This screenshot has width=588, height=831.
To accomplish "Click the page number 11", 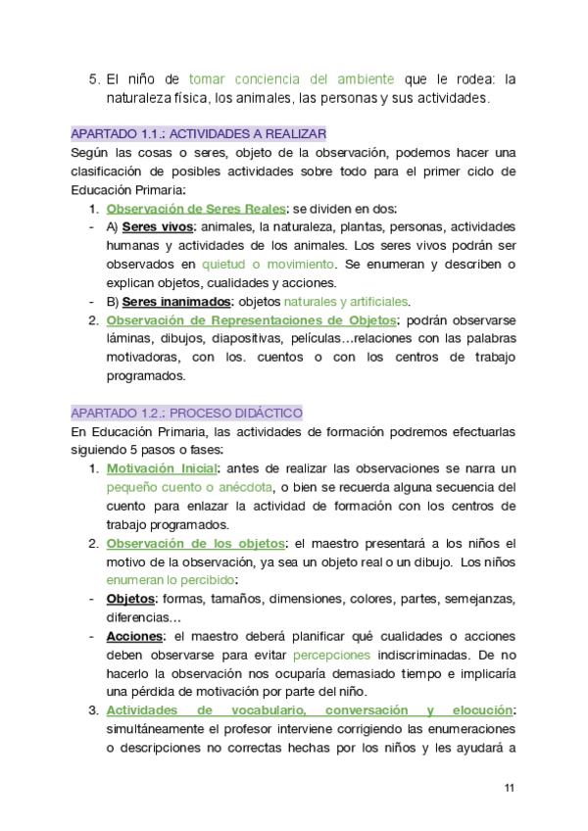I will pyautogui.click(x=509, y=788).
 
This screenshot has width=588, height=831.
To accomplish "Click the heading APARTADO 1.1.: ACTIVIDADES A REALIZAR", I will pyautogui.click(x=199, y=133).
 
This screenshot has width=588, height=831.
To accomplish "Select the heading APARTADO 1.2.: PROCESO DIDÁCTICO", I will pyautogui.click(x=187, y=413).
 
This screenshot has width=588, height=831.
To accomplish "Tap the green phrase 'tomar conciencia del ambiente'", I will pyautogui.click(x=292, y=79).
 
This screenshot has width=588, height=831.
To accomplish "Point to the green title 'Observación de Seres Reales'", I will pyautogui.click(x=195, y=209).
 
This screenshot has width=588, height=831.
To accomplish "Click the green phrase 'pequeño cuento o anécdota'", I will pyautogui.click(x=189, y=487).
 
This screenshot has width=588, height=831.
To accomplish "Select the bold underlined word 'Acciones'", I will pyautogui.click(x=134, y=636).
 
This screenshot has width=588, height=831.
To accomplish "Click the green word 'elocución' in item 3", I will pyautogui.click(x=480, y=710).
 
